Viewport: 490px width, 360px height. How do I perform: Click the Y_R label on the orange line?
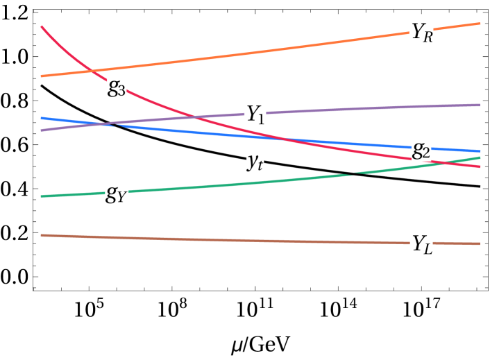point(422,32)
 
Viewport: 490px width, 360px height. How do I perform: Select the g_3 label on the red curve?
point(117,87)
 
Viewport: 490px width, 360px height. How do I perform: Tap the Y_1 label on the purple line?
point(255,113)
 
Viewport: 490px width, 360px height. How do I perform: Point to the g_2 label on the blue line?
point(421,148)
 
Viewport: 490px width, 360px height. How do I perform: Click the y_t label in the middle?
point(255,161)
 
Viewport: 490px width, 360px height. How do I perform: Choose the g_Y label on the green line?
point(117,192)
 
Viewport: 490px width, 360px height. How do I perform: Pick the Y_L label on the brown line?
point(422,243)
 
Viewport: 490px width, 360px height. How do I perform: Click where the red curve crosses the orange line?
point(92,70)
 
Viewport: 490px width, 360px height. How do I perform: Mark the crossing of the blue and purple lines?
point(104,124)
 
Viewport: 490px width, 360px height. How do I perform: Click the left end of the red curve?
point(42,26)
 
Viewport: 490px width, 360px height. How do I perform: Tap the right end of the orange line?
point(480,24)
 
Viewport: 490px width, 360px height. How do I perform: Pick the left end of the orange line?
point(42,76)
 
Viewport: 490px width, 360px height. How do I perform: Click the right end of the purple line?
point(480,105)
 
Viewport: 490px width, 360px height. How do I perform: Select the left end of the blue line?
point(42,118)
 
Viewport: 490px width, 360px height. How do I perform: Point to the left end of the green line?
point(42,196)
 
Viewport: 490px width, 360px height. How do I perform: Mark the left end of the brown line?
point(42,235)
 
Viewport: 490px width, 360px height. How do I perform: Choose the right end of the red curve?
point(480,167)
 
